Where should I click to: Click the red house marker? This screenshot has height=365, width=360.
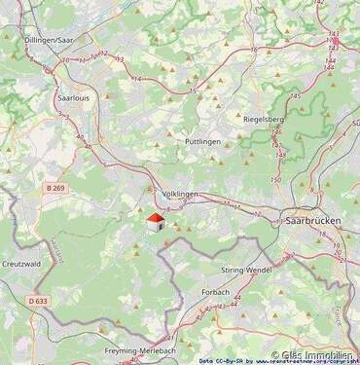pos(154,223)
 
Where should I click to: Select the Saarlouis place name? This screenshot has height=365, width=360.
pos(74,98)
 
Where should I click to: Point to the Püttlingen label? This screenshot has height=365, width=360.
pos(203,141)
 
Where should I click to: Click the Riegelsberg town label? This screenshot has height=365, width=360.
pos(262,119)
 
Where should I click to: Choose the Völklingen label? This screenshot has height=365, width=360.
pos(180,194)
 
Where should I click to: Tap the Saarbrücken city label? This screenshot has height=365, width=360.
pos(313,221)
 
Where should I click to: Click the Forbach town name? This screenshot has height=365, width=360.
pos(215,291)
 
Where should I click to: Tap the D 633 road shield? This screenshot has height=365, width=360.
pos(38,302)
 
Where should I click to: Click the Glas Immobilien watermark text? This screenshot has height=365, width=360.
pos(313,355)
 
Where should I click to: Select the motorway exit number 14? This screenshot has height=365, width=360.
pos(136,79)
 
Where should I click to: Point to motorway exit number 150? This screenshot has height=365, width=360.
pos(275,181)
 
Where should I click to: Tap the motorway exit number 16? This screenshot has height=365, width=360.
pos(253,50)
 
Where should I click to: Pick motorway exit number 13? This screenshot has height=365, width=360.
pos(121,59)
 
